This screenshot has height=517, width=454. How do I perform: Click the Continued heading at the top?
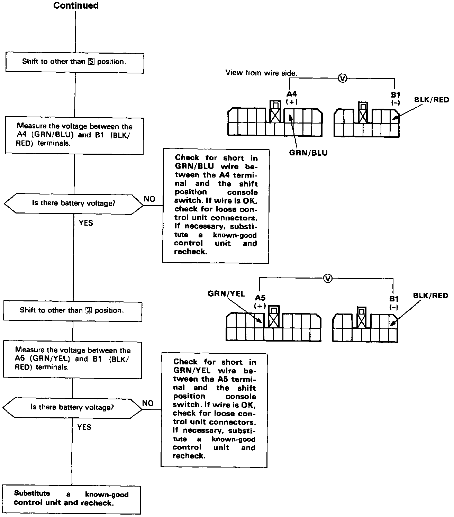click(76, 6)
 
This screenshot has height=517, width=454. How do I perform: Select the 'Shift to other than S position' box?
click(74, 63)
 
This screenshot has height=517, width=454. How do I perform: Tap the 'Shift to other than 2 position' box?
click(72, 311)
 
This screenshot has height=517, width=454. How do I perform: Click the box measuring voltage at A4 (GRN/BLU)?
click(74, 135)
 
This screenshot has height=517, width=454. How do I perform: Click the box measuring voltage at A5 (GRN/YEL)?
click(72, 359)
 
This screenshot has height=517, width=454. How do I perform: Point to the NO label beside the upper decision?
click(149, 199)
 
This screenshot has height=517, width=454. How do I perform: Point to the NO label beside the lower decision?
click(148, 403)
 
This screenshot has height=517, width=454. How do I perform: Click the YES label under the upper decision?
click(86, 223)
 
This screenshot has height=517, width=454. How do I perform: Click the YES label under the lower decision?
click(84, 427)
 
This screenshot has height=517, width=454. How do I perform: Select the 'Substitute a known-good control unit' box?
click(71, 499)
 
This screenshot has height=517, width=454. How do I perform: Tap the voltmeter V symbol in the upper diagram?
click(342, 79)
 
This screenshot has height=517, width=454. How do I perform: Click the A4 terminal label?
click(292, 94)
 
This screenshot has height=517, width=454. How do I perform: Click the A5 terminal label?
click(260, 298)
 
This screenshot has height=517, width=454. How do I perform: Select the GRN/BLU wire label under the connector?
click(308, 153)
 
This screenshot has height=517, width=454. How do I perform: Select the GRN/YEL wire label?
click(226, 294)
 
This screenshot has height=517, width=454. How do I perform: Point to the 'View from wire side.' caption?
click(261, 73)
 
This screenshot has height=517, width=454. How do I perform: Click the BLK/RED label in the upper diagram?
click(432, 100)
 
